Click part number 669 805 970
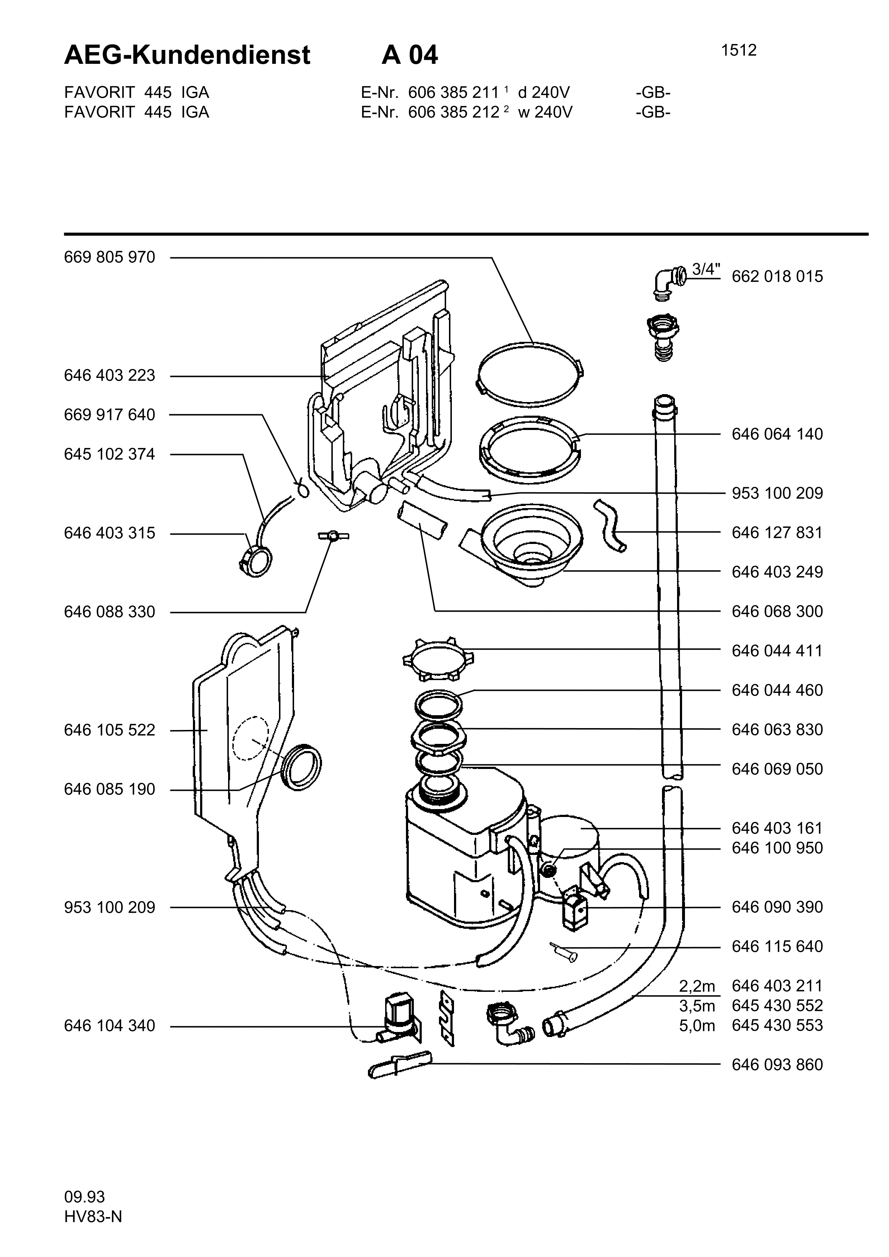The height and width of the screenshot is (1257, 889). (x=109, y=257)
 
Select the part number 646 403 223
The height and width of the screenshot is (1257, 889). (x=109, y=375)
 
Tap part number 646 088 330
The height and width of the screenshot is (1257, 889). (x=109, y=612)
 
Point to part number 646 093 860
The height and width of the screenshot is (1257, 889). (x=777, y=1064)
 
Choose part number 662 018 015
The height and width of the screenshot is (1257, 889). (x=777, y=277)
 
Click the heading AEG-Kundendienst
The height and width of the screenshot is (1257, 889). (x=187, y=55)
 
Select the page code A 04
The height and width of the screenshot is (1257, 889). (x=410, y=55)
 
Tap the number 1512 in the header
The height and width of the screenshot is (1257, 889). (x=739, y=51)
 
